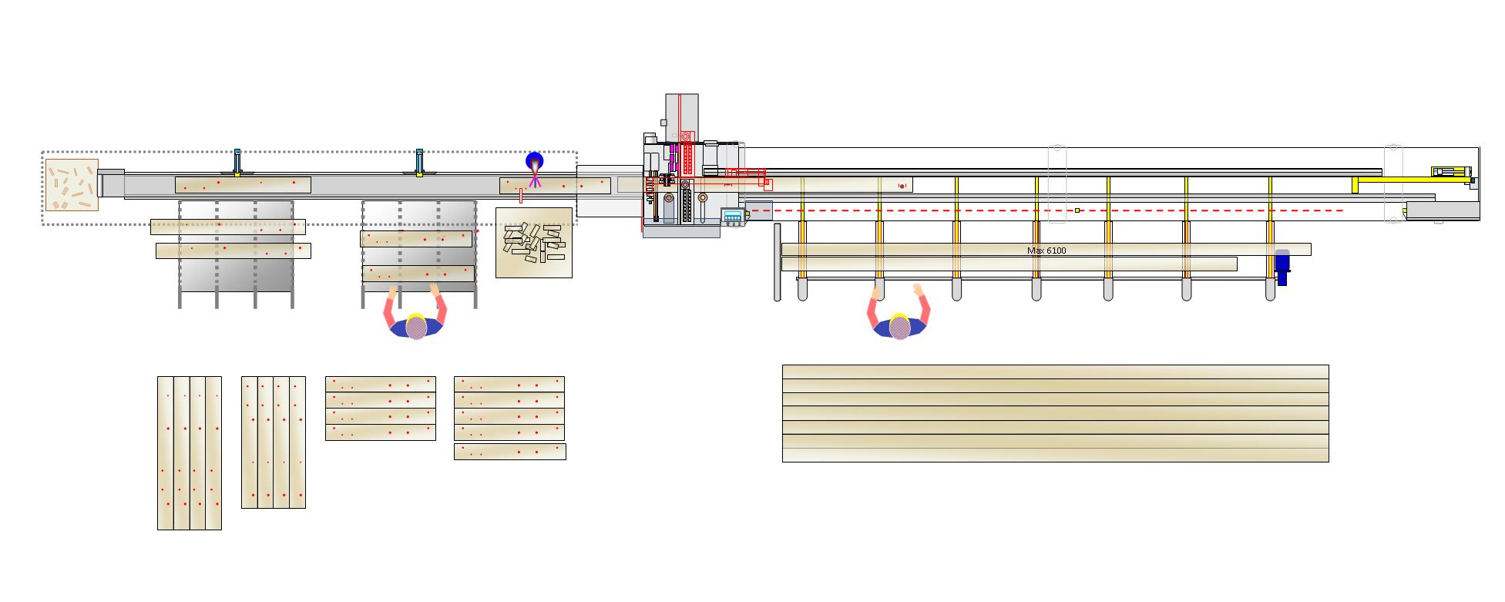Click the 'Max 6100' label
(1046, 251)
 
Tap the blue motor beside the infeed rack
(1282, 267)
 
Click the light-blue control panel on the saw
(732, 216)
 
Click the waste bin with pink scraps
(72, 185)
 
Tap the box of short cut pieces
(534, 243)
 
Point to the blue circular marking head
(534, 161)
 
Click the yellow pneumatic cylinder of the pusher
(1451, 172)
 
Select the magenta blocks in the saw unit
(674, 158)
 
